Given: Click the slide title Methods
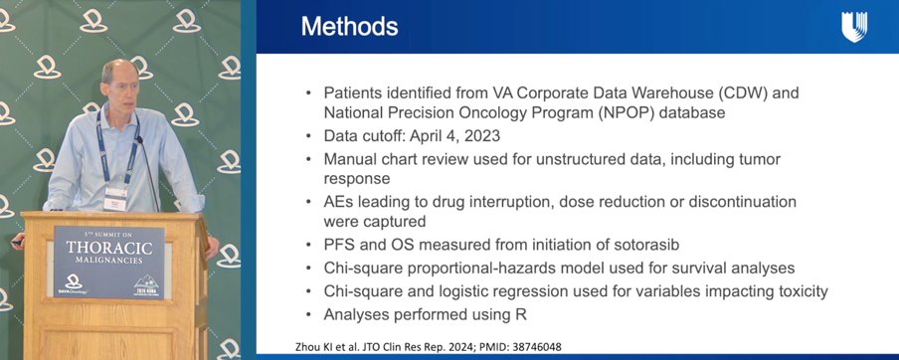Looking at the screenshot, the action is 350,27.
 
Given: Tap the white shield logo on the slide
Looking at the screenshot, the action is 854,27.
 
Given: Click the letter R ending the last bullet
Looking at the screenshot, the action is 520,314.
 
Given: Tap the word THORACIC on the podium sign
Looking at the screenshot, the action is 109,249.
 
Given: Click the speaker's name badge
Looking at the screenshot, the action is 115,199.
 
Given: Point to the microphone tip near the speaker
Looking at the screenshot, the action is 139,139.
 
